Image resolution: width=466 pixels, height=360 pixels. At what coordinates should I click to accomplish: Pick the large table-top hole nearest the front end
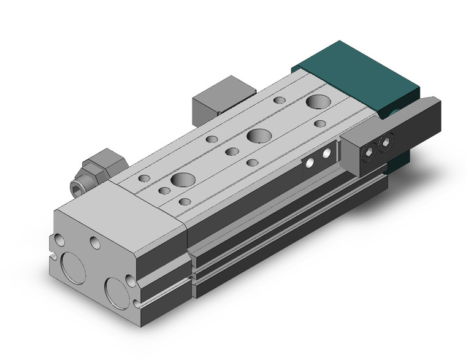click(182, 180)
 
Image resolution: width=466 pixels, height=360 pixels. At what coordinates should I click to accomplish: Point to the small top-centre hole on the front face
click(95, 243)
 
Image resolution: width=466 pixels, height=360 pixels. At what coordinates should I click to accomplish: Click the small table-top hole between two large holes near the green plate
click(280, 99)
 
